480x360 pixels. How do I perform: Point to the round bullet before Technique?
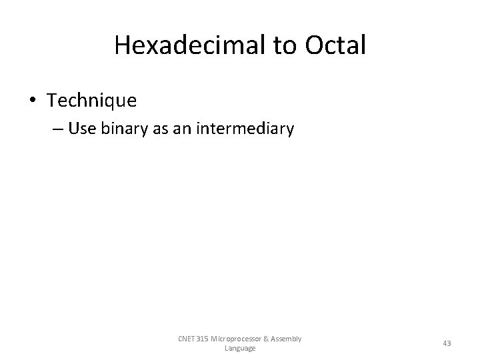pos(33,101)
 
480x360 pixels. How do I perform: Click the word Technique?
pos(92,101)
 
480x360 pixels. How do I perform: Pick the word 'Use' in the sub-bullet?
pos(81,129)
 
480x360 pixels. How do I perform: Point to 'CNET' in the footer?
pos(188,339)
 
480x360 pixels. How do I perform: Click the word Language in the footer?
pos(240,348)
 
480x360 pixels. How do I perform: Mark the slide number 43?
pos(447,343)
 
